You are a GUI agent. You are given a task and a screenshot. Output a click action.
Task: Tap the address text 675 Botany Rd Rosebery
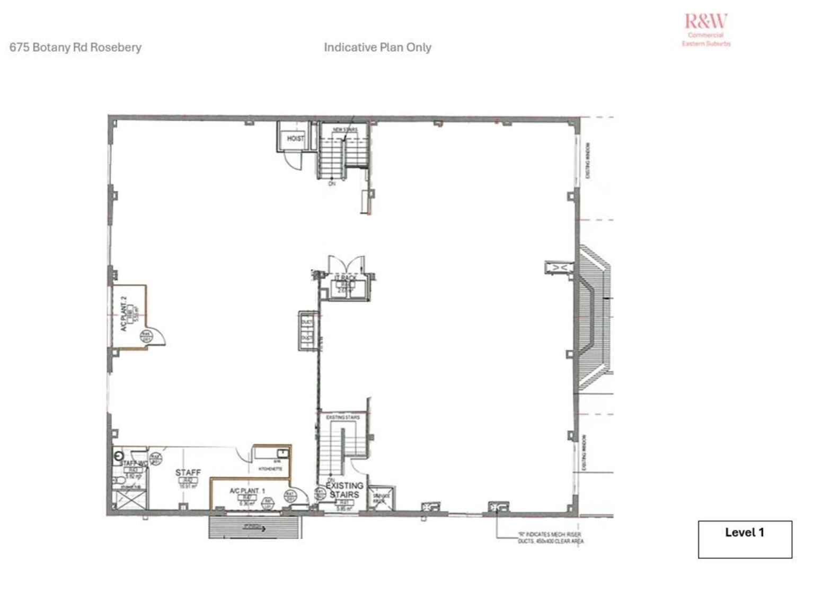coord(75,47)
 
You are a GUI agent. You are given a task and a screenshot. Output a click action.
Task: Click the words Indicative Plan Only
coord(377,47)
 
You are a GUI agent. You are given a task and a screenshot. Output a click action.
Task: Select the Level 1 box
coord(745,539)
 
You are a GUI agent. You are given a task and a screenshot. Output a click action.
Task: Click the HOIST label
coord(295,138)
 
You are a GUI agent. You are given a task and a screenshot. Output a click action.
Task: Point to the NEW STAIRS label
coord(344,130)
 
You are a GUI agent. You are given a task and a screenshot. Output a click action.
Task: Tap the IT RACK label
coord(346,277)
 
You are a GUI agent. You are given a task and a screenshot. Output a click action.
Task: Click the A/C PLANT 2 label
coord(123,314)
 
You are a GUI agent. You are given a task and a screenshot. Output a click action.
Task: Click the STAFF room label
coord(188,472)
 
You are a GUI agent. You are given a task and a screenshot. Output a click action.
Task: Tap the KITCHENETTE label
coord(270,469)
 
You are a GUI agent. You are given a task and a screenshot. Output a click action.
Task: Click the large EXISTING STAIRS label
coord(344,490)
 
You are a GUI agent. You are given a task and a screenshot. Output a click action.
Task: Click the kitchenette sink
coord(283,453)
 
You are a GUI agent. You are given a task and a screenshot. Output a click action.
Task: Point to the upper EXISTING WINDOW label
coord(588,160)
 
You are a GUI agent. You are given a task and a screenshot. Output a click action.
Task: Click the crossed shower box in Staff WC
coord(129,500)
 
